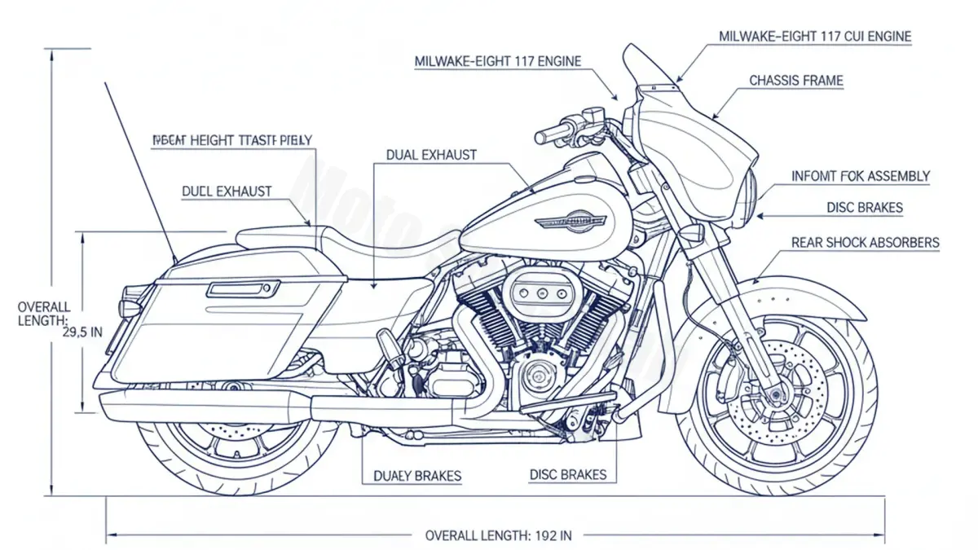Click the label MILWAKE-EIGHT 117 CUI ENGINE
[x=815, y=37]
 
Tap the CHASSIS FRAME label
[x=795, y=81]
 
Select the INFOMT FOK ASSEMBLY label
[x=861, y=176]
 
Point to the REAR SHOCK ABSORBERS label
[x=865, y=243]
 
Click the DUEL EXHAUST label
[x=227, y=191]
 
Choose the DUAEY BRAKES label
[x=417, y=476]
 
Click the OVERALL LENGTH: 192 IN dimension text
[x=499, y=535]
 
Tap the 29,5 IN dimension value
[x=82, y=332]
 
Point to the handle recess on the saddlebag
[x=243, y=288]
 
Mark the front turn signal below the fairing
[x=690, y=232]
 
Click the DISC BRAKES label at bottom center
[x=567, y=475]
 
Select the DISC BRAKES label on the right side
[x=864, y=208]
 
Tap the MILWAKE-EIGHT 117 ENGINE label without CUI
[x=498, y=61]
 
